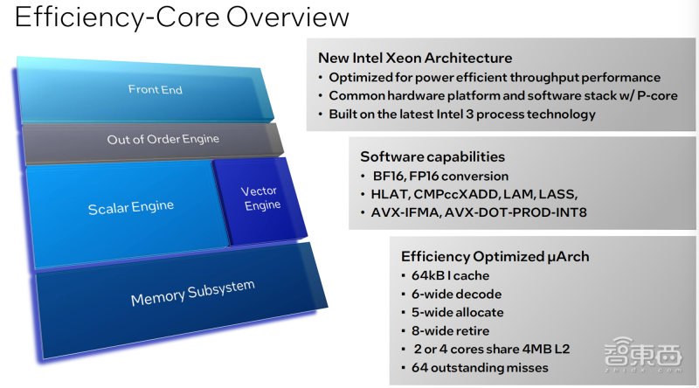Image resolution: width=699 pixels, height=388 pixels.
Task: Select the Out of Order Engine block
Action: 154,142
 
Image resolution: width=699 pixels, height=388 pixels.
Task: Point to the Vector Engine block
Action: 260,200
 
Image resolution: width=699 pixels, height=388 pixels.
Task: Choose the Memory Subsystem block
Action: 181,300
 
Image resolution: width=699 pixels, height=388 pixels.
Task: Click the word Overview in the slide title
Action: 287,17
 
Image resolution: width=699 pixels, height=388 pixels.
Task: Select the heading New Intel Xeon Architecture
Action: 415,58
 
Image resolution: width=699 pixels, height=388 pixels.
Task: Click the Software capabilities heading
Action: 433,157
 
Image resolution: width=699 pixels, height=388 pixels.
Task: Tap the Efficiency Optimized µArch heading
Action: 495,256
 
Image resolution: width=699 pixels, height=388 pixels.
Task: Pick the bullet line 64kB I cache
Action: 450,275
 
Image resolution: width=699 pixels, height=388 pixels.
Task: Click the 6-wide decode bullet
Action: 456,294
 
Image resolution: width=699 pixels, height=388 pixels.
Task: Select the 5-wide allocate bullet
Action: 457,313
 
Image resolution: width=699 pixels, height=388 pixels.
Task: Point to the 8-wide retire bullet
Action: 450,331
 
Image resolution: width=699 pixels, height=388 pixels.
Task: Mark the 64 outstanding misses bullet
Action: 480,368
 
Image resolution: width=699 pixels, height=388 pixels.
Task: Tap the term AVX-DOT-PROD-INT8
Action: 516,212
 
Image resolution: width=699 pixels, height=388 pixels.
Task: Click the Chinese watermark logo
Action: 643,355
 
